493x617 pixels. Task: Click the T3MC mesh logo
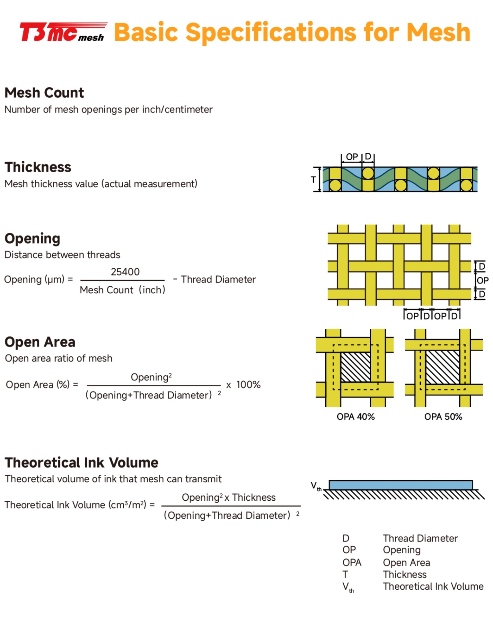63,32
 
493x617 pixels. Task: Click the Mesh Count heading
44,93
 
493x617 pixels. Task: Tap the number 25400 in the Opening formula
125,272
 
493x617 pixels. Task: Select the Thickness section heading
38,167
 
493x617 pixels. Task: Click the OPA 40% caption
356,417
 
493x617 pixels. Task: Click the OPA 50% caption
443,417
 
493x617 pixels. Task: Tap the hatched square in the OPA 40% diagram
355,367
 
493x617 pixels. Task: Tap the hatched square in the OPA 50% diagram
443,367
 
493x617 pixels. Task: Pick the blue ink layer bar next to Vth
401,485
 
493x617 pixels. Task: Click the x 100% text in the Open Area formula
243,385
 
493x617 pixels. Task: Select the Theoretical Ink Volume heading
82,463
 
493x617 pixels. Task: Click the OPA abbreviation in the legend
352,562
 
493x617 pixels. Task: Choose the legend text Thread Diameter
420,538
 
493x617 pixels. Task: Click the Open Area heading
40,342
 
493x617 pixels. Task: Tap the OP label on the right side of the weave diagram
482,281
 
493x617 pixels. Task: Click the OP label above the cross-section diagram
352,157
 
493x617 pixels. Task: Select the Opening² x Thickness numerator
228,497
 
